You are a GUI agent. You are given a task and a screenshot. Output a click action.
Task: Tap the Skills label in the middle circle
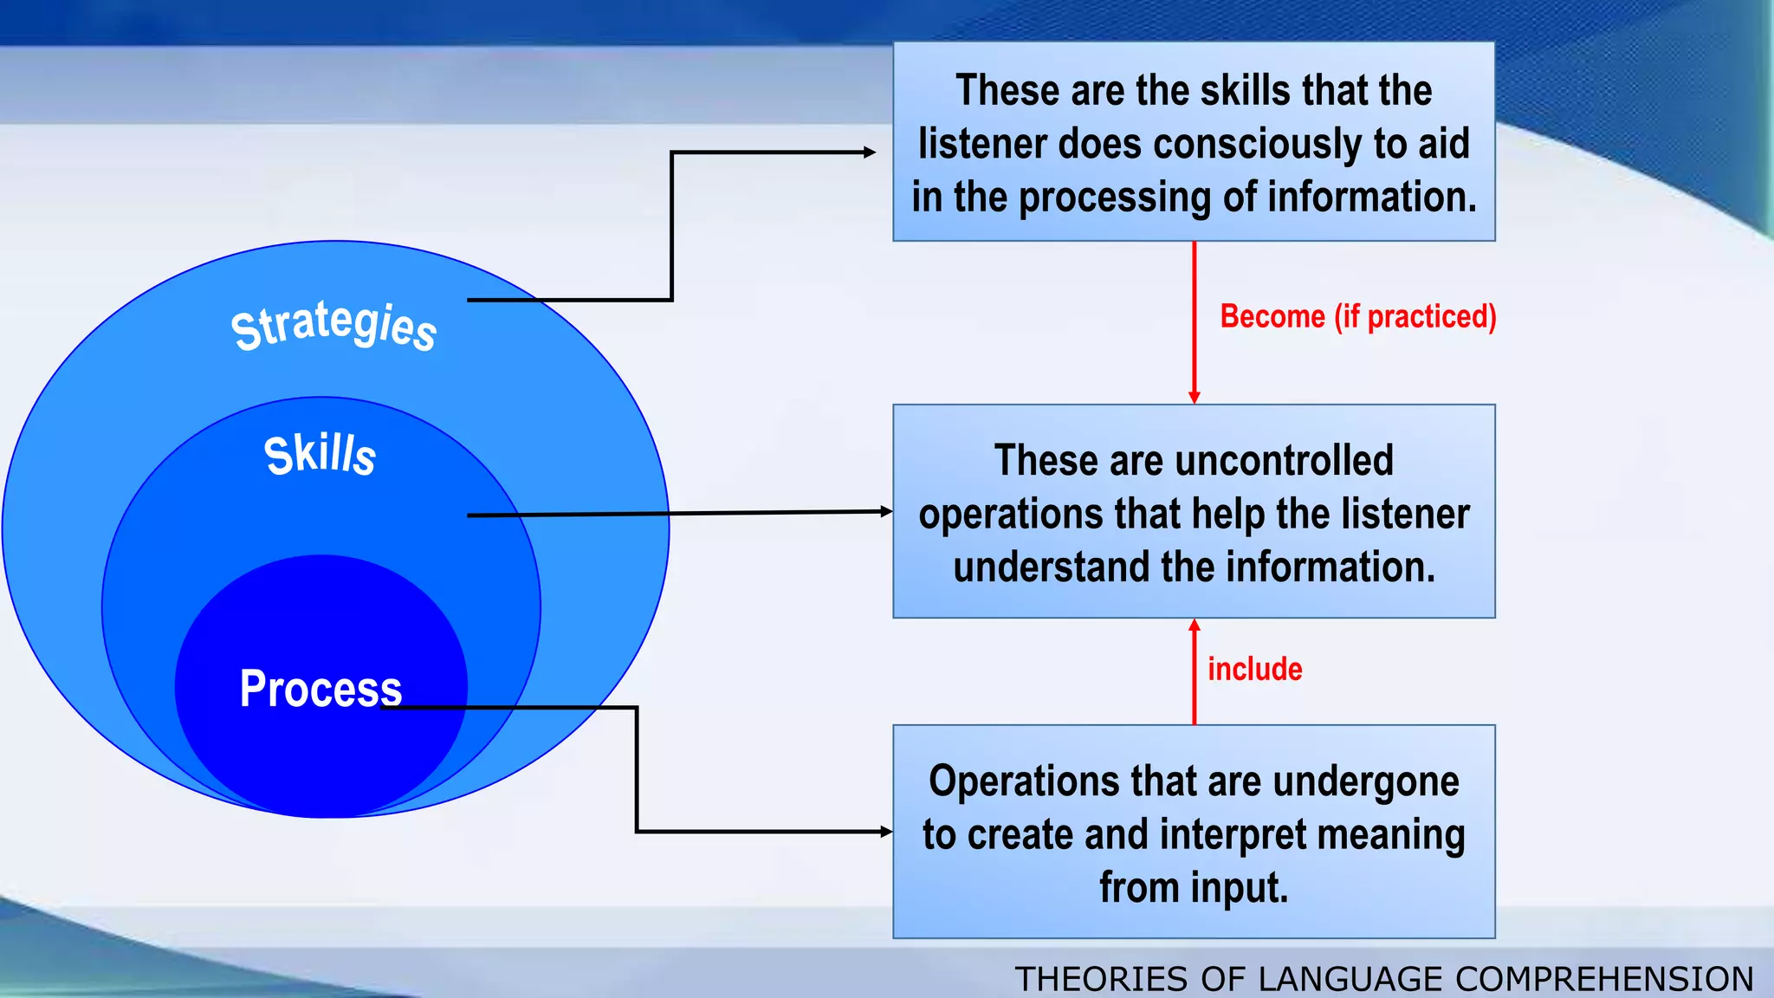[x=320, y=455]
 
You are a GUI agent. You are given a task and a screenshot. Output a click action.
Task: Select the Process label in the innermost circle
[x=320, y=689]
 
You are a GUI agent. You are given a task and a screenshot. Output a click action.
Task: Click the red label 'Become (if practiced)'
[x=1357, y=316]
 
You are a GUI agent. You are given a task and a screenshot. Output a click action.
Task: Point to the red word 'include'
[x=1254, y=669]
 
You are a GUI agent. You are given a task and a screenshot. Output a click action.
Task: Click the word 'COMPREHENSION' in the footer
[x=1604, y=979]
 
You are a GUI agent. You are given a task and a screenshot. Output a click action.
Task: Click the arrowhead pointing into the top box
[x=870, y=152]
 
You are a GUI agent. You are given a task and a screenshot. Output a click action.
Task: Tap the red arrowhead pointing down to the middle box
[x=1195, y=398]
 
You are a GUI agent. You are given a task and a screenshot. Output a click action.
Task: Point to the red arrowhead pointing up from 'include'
[x=1195, y=625]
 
